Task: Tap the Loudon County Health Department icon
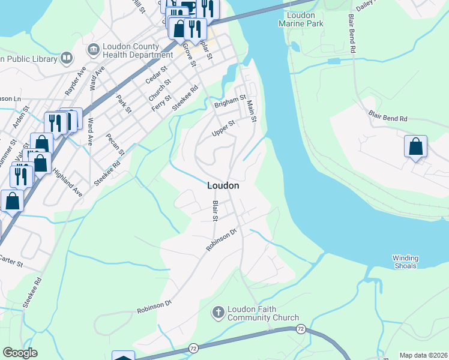(x=94, y=49)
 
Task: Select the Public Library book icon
(x=67, y=58)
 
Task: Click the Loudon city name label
(x=223, y=186)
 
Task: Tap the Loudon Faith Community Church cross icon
(x=218, y=313)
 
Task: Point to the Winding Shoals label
(x=405, y=262)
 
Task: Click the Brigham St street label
(x=231, y=101)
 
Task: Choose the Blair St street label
(x=214, y=211)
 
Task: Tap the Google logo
(x=20, y=353)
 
